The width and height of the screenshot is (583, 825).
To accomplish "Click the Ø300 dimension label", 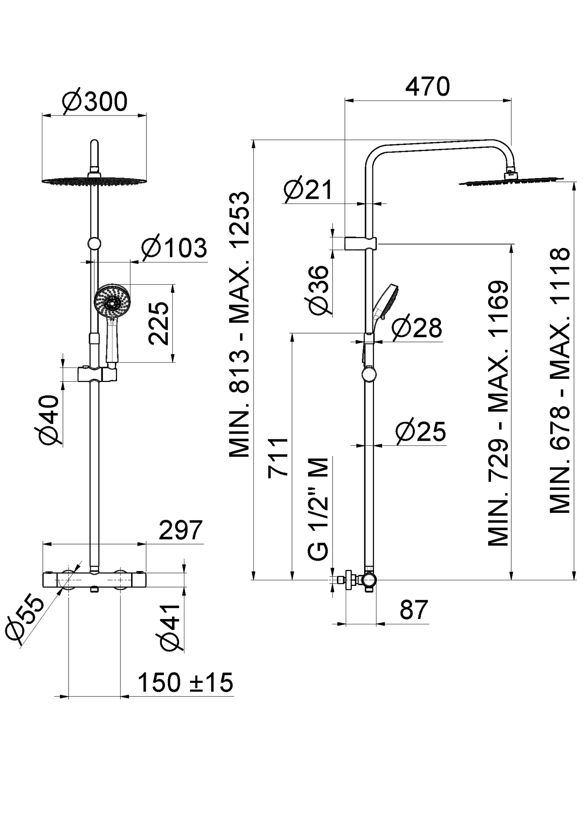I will (94, 101).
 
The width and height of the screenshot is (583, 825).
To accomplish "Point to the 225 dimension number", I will (158, 323).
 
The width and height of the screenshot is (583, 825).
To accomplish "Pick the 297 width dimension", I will (180, 530).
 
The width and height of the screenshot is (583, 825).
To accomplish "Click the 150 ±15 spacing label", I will (185, 682).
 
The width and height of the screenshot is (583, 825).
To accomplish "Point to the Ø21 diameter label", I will (307, 189).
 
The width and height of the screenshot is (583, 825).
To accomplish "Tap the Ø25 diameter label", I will (420, 431).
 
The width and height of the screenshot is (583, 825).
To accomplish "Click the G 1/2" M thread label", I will (319, 509).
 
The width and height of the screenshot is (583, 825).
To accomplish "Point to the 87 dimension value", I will (413, 610).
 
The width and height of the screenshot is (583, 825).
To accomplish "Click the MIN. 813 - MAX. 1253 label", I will (240, 325).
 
